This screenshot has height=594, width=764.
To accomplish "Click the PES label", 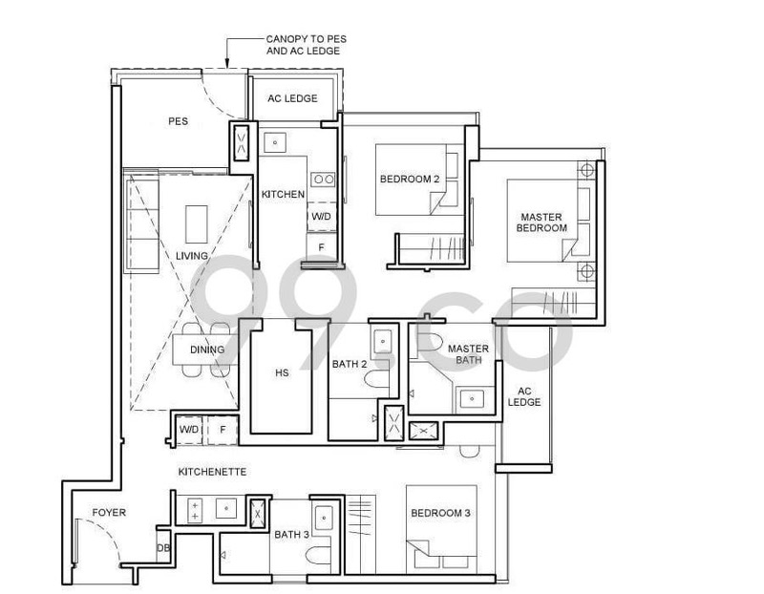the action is [x=178, y=121].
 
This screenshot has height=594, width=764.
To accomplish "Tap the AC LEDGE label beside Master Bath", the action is [x=524, y=396].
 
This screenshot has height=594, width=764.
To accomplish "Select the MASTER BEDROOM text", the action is [x=541, y=223].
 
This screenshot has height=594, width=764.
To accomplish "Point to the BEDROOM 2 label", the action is [x=410, y=179].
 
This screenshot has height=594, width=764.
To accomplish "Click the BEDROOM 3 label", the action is [x=440, y=513].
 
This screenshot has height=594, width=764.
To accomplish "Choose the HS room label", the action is [x=282, y=372].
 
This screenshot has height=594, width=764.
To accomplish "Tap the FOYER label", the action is [x=109, y=512].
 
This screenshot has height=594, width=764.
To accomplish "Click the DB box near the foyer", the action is [x=163, y=548].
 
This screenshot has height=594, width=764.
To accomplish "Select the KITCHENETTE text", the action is [x=212, y=472].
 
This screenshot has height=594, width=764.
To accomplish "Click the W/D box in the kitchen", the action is [x=321, y=217].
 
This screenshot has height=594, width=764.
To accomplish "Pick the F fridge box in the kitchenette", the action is [x=223, y=430].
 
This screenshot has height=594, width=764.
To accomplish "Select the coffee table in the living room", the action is [x=196, y=223].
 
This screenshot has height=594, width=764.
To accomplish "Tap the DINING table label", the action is [x=207, y=350].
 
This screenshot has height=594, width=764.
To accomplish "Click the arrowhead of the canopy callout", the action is [x=227, y=63].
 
